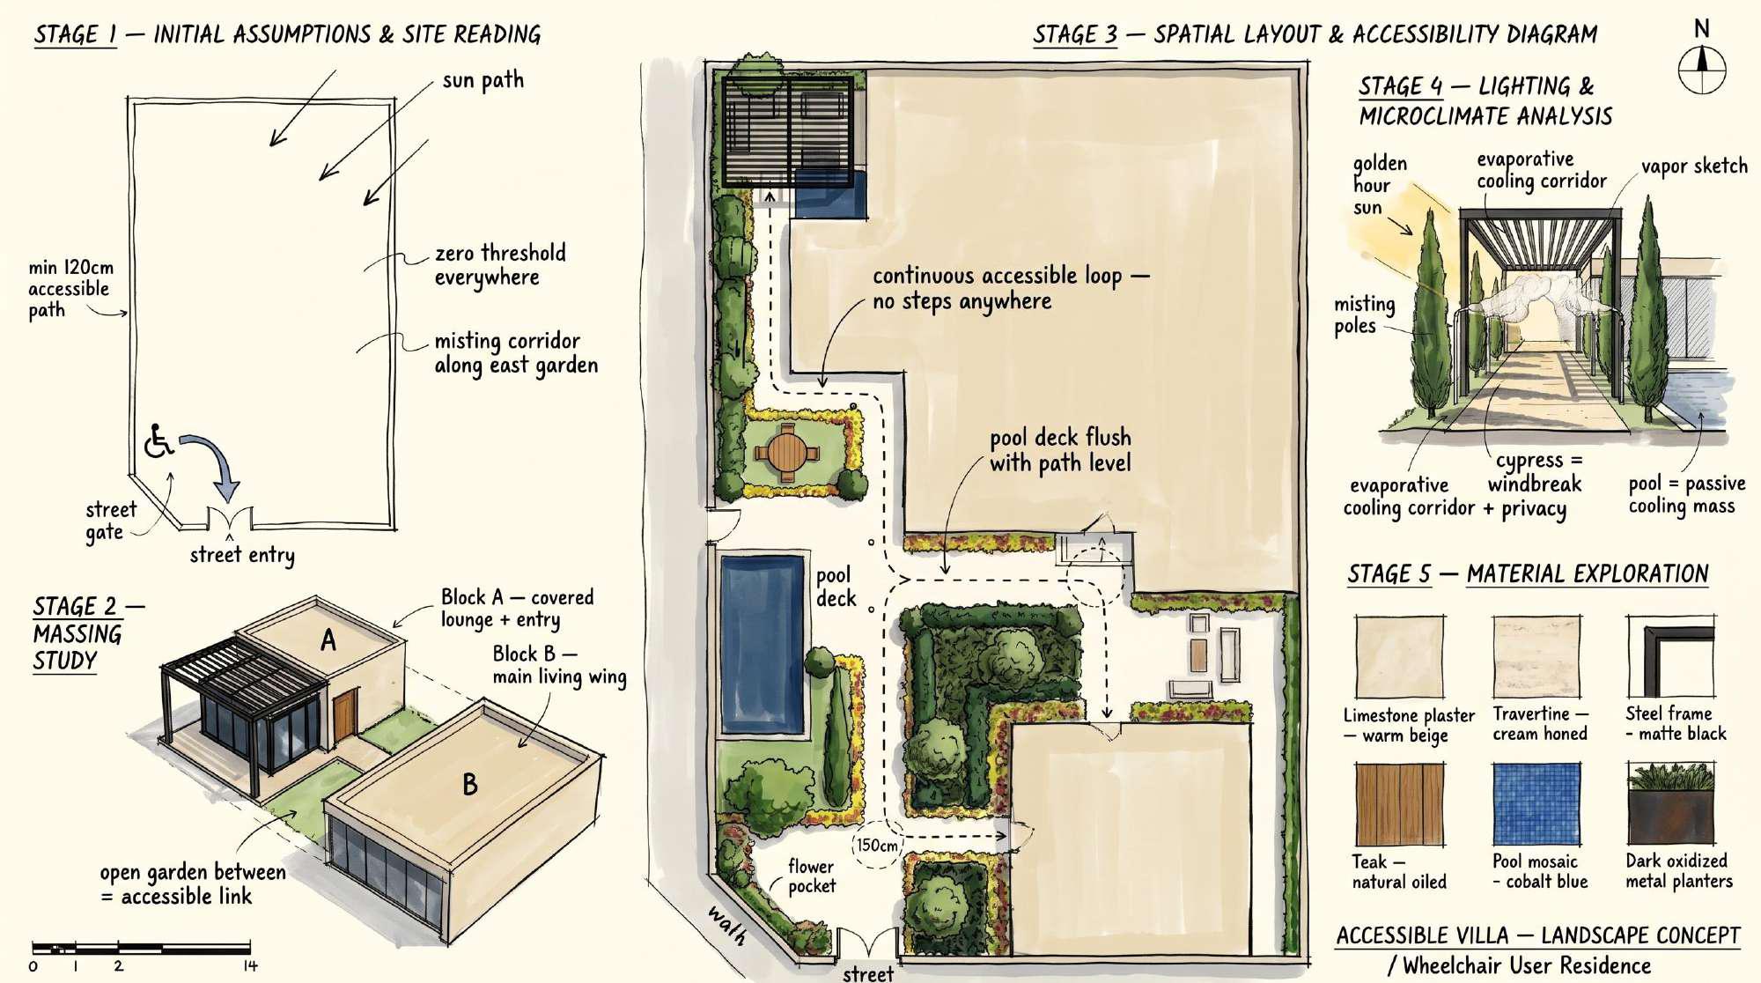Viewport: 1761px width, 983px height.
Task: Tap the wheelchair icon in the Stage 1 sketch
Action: coord(158,441)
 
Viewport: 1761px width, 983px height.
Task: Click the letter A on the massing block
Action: coord(328,639)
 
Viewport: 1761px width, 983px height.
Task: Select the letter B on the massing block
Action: coord(470,784)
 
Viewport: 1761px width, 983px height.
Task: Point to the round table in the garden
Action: coord(787,453)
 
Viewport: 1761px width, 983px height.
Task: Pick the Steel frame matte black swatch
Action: coord(1670,657)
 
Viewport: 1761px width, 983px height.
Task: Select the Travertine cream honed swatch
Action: coord(1536,657)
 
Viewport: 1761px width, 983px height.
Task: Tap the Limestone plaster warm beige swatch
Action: coord(1399,657)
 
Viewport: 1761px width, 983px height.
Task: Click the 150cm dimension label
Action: coord(877,846)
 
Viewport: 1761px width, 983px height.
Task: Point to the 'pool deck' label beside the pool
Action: coord(836,587)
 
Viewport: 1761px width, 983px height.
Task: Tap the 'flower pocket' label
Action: coord(811,876)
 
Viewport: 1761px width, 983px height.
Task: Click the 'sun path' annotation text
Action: coord(483,80)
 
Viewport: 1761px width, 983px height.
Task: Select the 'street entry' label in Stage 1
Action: coord(242,555)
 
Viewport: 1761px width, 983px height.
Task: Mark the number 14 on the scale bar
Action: coord(250,966)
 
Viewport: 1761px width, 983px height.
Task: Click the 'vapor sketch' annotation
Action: coord(1694,166)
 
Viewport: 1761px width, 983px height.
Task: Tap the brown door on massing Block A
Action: coord(345,715)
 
